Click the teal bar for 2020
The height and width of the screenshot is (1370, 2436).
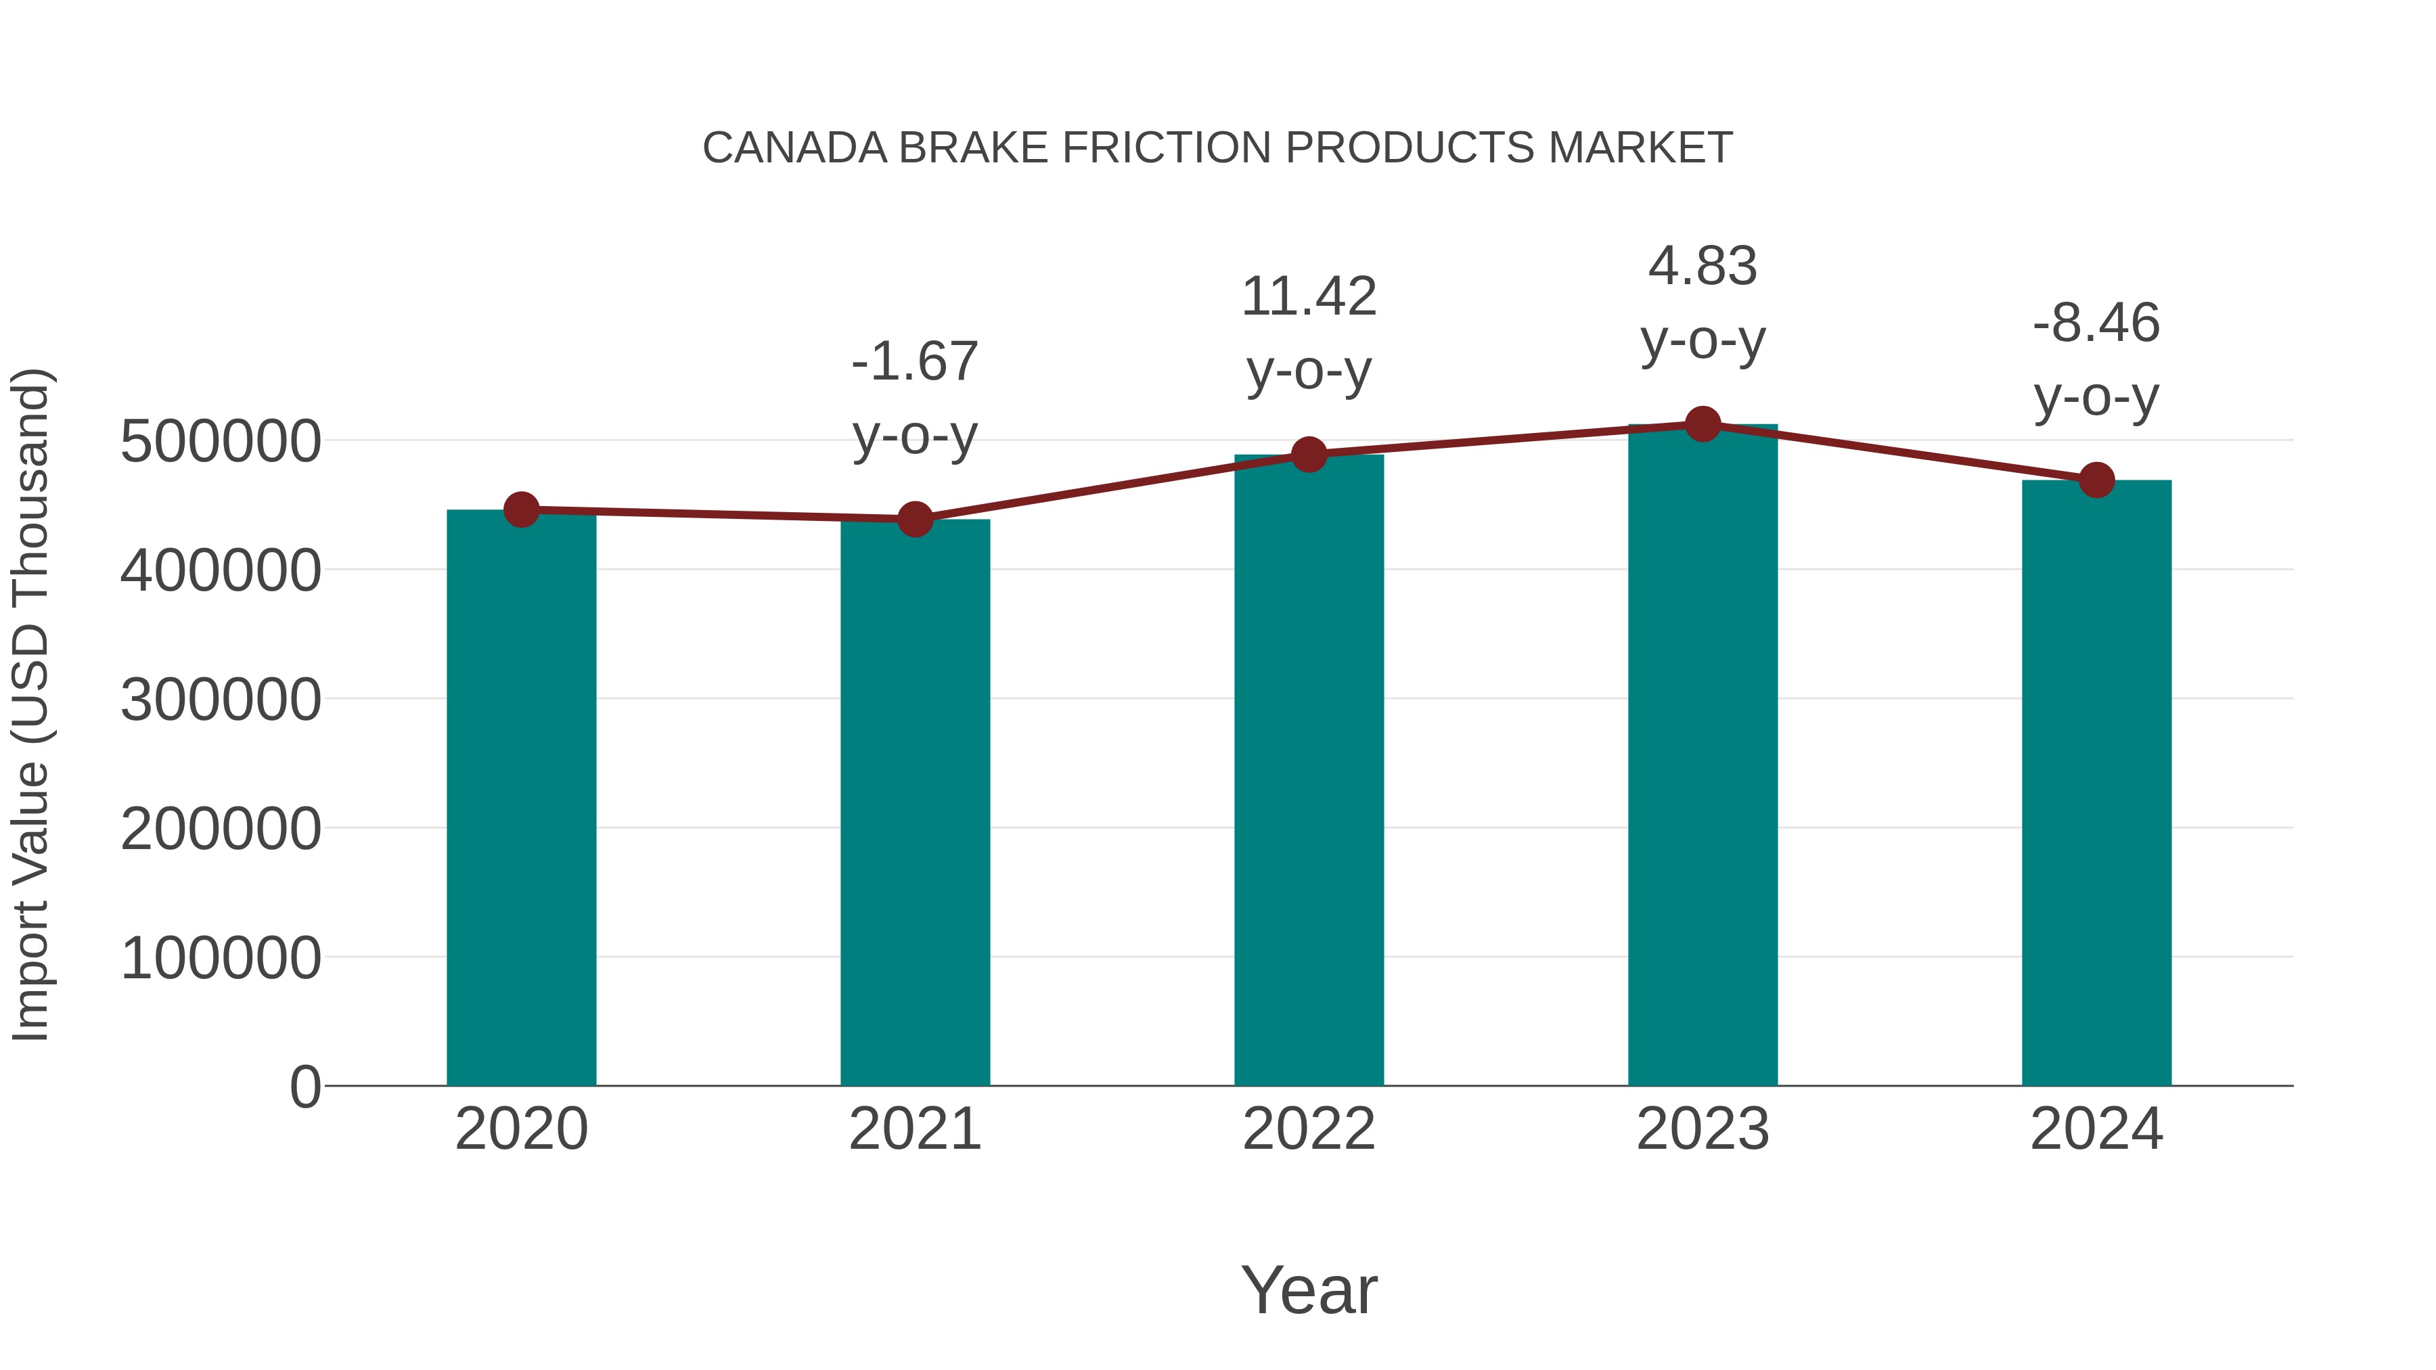click(x=521, y=799)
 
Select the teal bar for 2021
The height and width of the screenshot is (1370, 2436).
click(x=914, y=804)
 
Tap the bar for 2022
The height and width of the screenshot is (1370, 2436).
click(x=1309, y=771)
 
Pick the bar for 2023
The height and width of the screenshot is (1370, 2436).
click(x=1702, y=756)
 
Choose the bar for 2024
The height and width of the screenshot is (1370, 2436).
click(x=2096, y=785)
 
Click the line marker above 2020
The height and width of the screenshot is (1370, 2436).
click(x=521, y=509)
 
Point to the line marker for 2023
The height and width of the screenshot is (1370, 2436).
click(x=1702, y=424)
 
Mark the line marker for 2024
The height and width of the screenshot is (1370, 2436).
click(x=2096, y=480)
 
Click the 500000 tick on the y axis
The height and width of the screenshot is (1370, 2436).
click(x=221, y=442)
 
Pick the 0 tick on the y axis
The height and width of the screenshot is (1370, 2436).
click(x=304, y=1087)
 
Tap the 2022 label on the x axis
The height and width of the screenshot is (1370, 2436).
click(x=1309, y=1129)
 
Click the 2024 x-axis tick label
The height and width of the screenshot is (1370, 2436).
click(x=2096, y=1129)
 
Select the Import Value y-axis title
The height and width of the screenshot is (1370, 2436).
click(x=30, y=704)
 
